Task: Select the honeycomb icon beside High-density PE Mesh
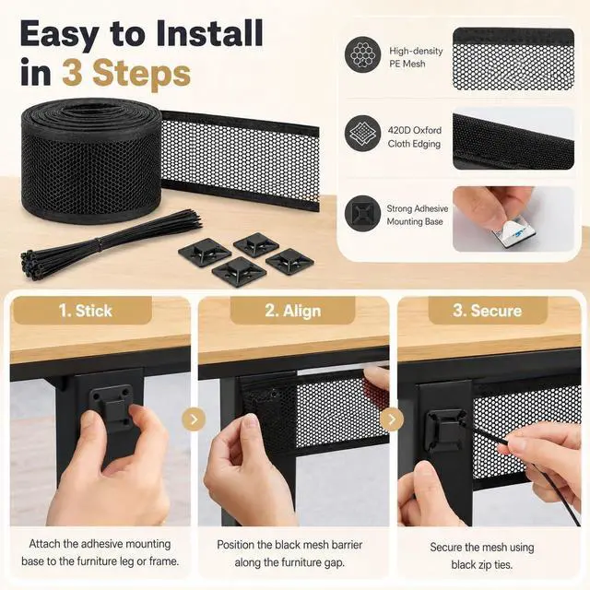362,54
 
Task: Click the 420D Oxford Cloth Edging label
414,137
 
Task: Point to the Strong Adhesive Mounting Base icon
362,213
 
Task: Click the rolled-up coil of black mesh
92,160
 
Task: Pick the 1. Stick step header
85,311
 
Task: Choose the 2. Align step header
293,311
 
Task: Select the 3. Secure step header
488,311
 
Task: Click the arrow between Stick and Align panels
194,419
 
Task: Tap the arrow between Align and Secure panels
391,419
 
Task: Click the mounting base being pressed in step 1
112,407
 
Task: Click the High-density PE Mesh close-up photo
513,59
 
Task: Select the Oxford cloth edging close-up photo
513,138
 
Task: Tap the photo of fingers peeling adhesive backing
513,219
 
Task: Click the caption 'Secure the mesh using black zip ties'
482,556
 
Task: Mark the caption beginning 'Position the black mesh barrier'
289,553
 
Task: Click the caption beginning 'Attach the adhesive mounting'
100,552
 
